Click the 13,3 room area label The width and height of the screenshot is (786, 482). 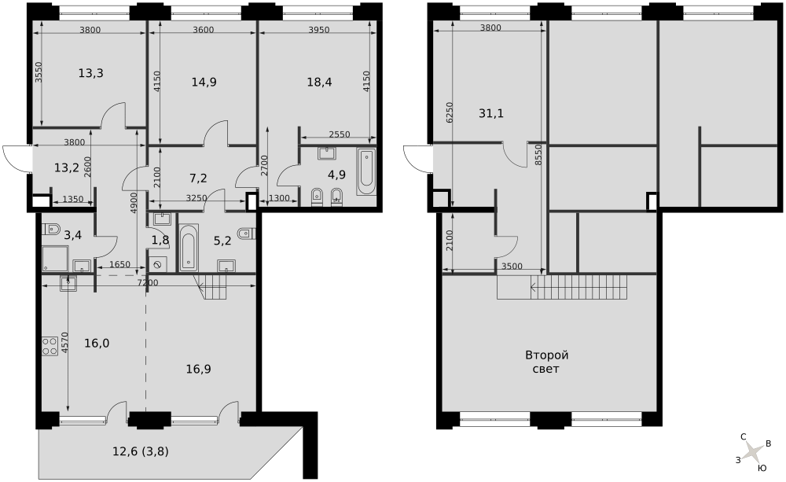point(90,73)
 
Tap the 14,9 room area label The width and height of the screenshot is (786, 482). point(204,82)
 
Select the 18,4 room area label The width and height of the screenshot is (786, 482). point(319,82)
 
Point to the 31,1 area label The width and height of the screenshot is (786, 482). point(491,113)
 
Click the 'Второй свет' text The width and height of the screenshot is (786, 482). point(546,362)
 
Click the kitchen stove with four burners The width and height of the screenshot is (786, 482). point(50,346)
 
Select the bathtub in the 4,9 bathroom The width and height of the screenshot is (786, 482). point(366,171)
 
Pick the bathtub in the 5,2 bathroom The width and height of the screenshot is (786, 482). point(189,247)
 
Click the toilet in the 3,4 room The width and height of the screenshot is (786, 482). point(51,230)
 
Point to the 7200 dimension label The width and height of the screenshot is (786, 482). point(148,283)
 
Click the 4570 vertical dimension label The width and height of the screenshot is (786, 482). point(64,344)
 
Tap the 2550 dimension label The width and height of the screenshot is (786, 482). point(340,134)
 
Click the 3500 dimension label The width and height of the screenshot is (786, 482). point(512,267)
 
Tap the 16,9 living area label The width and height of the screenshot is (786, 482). point(199,369)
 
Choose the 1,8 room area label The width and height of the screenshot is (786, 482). point(160,240)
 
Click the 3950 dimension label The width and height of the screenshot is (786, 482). point(319,30)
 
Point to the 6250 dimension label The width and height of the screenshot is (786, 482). point(449,113)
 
